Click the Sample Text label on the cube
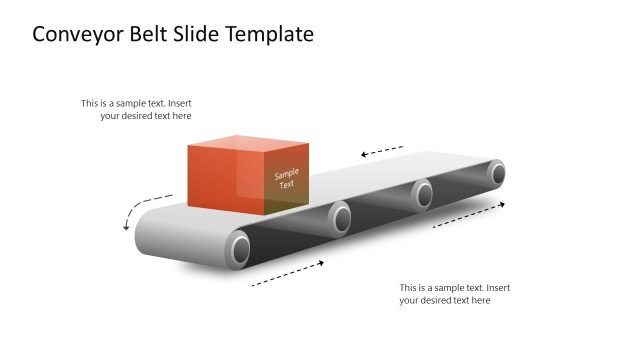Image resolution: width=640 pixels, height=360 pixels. pos(286,179)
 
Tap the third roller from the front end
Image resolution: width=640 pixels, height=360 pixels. pos(423,192)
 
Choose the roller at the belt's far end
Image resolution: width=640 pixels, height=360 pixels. pos(497,172)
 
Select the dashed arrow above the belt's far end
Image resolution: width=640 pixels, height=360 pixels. pos(382,151)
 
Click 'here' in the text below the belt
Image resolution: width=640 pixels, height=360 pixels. pos(480,300)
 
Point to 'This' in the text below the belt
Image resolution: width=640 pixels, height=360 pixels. pos(409,287)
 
